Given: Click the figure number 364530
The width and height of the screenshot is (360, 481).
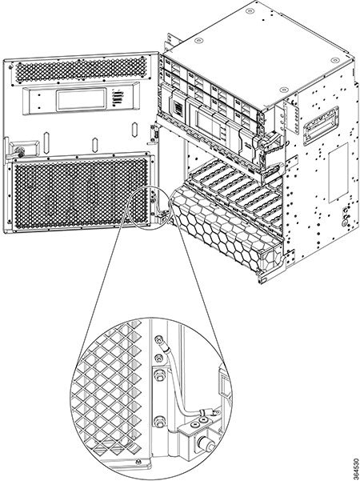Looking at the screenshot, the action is click(x=355, y=469).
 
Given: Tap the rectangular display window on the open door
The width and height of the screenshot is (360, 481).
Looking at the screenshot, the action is click(x=82, y=99).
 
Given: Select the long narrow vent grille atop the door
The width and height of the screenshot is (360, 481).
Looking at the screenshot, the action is click(x=82, y=69).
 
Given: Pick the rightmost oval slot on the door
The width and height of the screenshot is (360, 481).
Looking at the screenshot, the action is click(x=134, y=130).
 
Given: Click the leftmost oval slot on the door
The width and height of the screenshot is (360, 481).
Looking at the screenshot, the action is click(x=46, y=143).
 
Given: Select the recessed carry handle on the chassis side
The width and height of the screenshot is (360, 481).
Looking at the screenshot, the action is click(x=321, y=126).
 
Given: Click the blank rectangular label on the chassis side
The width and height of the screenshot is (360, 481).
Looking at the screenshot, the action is click(x=338, y=173).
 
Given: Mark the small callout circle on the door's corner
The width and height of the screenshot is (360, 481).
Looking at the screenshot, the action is click(x=150, y=206).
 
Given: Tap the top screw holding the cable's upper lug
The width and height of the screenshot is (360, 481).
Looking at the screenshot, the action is click(x=158, y=339).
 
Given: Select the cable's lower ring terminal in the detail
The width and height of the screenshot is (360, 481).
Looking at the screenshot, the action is click(x=206, y=412).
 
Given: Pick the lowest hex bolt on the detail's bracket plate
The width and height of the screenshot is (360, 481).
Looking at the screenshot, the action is click(x=159, y=422).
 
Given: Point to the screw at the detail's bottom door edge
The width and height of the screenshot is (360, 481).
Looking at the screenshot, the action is click(x=138, y=461).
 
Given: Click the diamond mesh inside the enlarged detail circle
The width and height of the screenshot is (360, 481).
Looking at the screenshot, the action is click(x=110, y=393).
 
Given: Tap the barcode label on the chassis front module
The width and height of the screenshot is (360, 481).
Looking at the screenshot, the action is click(x=178, y=108).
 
